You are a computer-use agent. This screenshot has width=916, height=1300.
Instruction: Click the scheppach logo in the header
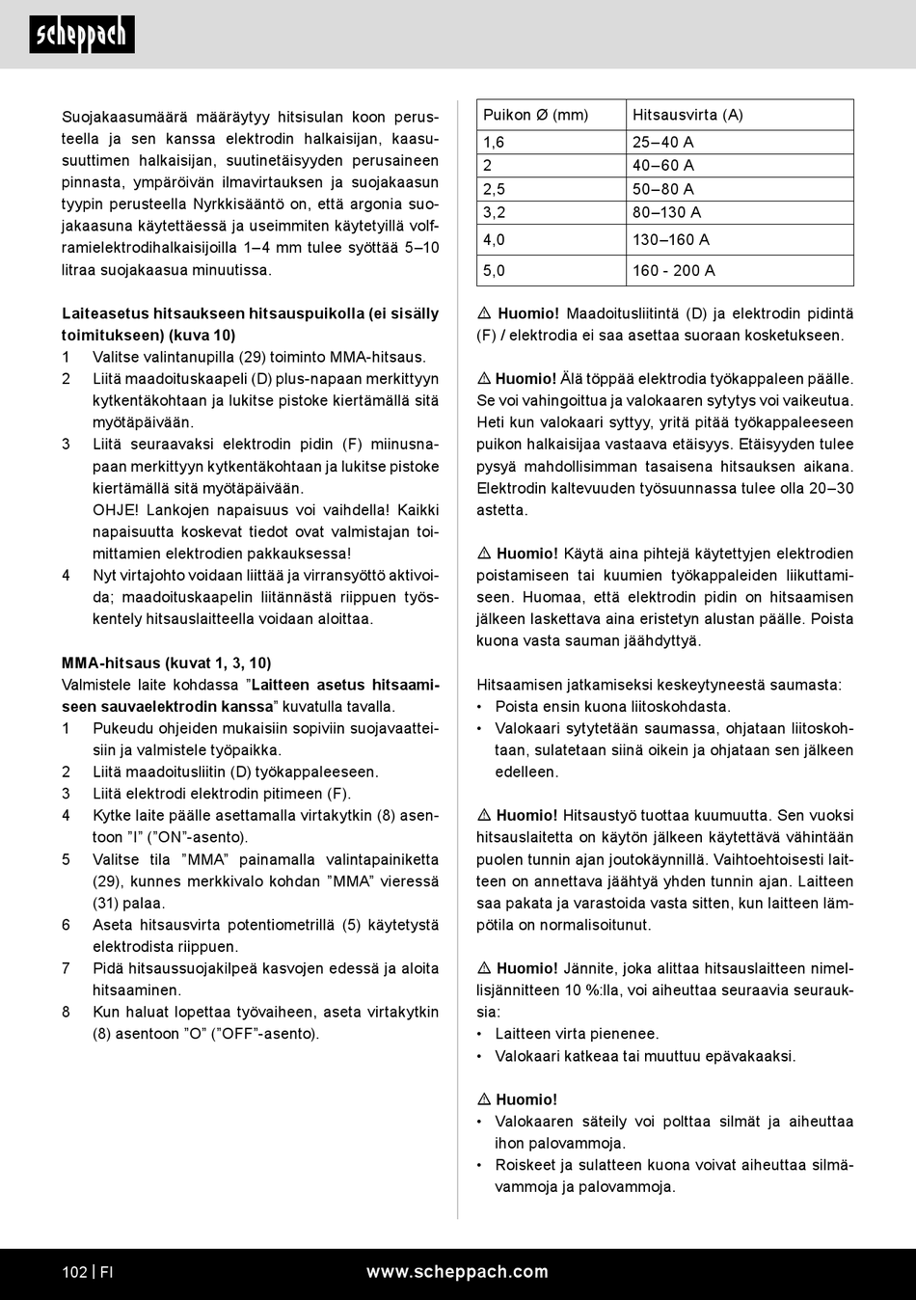click(x=82, y=35)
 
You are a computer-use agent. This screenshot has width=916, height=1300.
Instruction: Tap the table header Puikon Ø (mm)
click(x=535, y=115)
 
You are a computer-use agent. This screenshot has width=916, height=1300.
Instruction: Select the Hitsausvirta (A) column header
click(x=687, y=115)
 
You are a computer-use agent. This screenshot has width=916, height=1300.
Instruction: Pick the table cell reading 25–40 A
click(x=663, y=142)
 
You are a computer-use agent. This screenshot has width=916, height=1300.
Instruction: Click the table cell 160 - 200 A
click(x=674, y=271)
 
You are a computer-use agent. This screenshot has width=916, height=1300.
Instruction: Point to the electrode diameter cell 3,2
click(x=495, y=212)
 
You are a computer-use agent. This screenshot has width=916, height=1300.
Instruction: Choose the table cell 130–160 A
click(x=671, y=239)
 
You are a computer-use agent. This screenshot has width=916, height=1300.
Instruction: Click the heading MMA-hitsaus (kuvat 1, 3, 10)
click(x=166, y=664)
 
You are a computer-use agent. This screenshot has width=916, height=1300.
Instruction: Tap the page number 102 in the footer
click(x=74, y=1272)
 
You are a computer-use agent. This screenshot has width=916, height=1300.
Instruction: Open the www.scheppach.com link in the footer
click(x=457, y=1272)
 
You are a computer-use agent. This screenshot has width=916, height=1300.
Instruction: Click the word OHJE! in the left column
click(x=116, y=510)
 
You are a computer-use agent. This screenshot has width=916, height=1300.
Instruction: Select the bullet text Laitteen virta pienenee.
click(x=577, y=1034)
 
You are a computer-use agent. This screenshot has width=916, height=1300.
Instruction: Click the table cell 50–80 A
click(x=663, y=189)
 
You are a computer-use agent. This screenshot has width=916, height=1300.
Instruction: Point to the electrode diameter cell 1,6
click(x=494, y=142)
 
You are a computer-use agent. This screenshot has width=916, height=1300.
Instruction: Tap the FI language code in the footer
click(x=107, y=1272)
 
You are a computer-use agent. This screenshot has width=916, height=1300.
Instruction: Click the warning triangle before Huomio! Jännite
click(x=484, y=968)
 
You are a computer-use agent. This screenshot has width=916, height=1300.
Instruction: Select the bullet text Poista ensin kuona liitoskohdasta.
click(x=612, y=707)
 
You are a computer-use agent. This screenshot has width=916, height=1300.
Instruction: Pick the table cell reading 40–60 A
click(x=663, y=165)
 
